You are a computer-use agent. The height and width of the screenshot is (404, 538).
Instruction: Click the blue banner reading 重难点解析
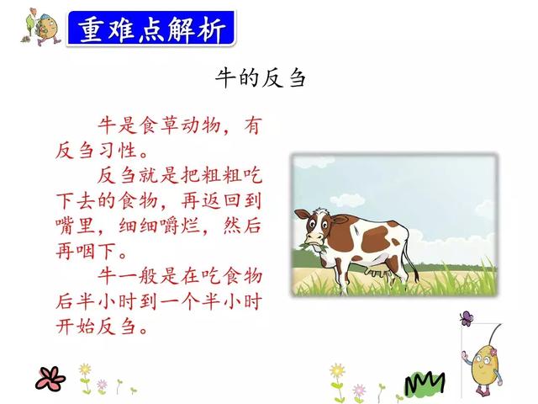click(x=151, y=28)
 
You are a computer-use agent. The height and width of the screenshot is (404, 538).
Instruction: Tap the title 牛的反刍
click(x=260, y=77)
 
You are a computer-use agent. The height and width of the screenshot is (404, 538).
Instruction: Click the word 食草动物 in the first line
click(x=181, y=125)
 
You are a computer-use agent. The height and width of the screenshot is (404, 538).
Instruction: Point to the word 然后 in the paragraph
click(x=242, y=226)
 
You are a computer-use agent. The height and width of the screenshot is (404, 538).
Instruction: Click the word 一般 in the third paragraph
click(x=138, y=276)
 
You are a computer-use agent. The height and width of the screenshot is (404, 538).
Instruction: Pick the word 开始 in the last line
click(x=75, y=327)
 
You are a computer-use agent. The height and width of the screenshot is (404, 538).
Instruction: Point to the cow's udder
click(x=377, y=273)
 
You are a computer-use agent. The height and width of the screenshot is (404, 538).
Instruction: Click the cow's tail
click(x=412, y=259)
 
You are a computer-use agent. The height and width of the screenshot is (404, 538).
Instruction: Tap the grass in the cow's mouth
click(x=312, y=247)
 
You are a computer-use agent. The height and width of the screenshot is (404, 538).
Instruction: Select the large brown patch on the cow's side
click(x=376, y=239)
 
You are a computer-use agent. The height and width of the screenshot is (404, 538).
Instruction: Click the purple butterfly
click(x=467, y=318)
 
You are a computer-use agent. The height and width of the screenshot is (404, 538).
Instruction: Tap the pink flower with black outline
click(x=50, y=379)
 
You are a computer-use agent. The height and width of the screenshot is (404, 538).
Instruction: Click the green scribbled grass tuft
click(x=425, y=383)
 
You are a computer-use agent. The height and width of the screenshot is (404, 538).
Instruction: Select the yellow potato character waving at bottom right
click(x=483, y=368)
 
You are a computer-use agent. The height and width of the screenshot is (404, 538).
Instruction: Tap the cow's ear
click(x=302, y=214)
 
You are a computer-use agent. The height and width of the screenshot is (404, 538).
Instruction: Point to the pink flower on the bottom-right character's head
click(x=493, y=352)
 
